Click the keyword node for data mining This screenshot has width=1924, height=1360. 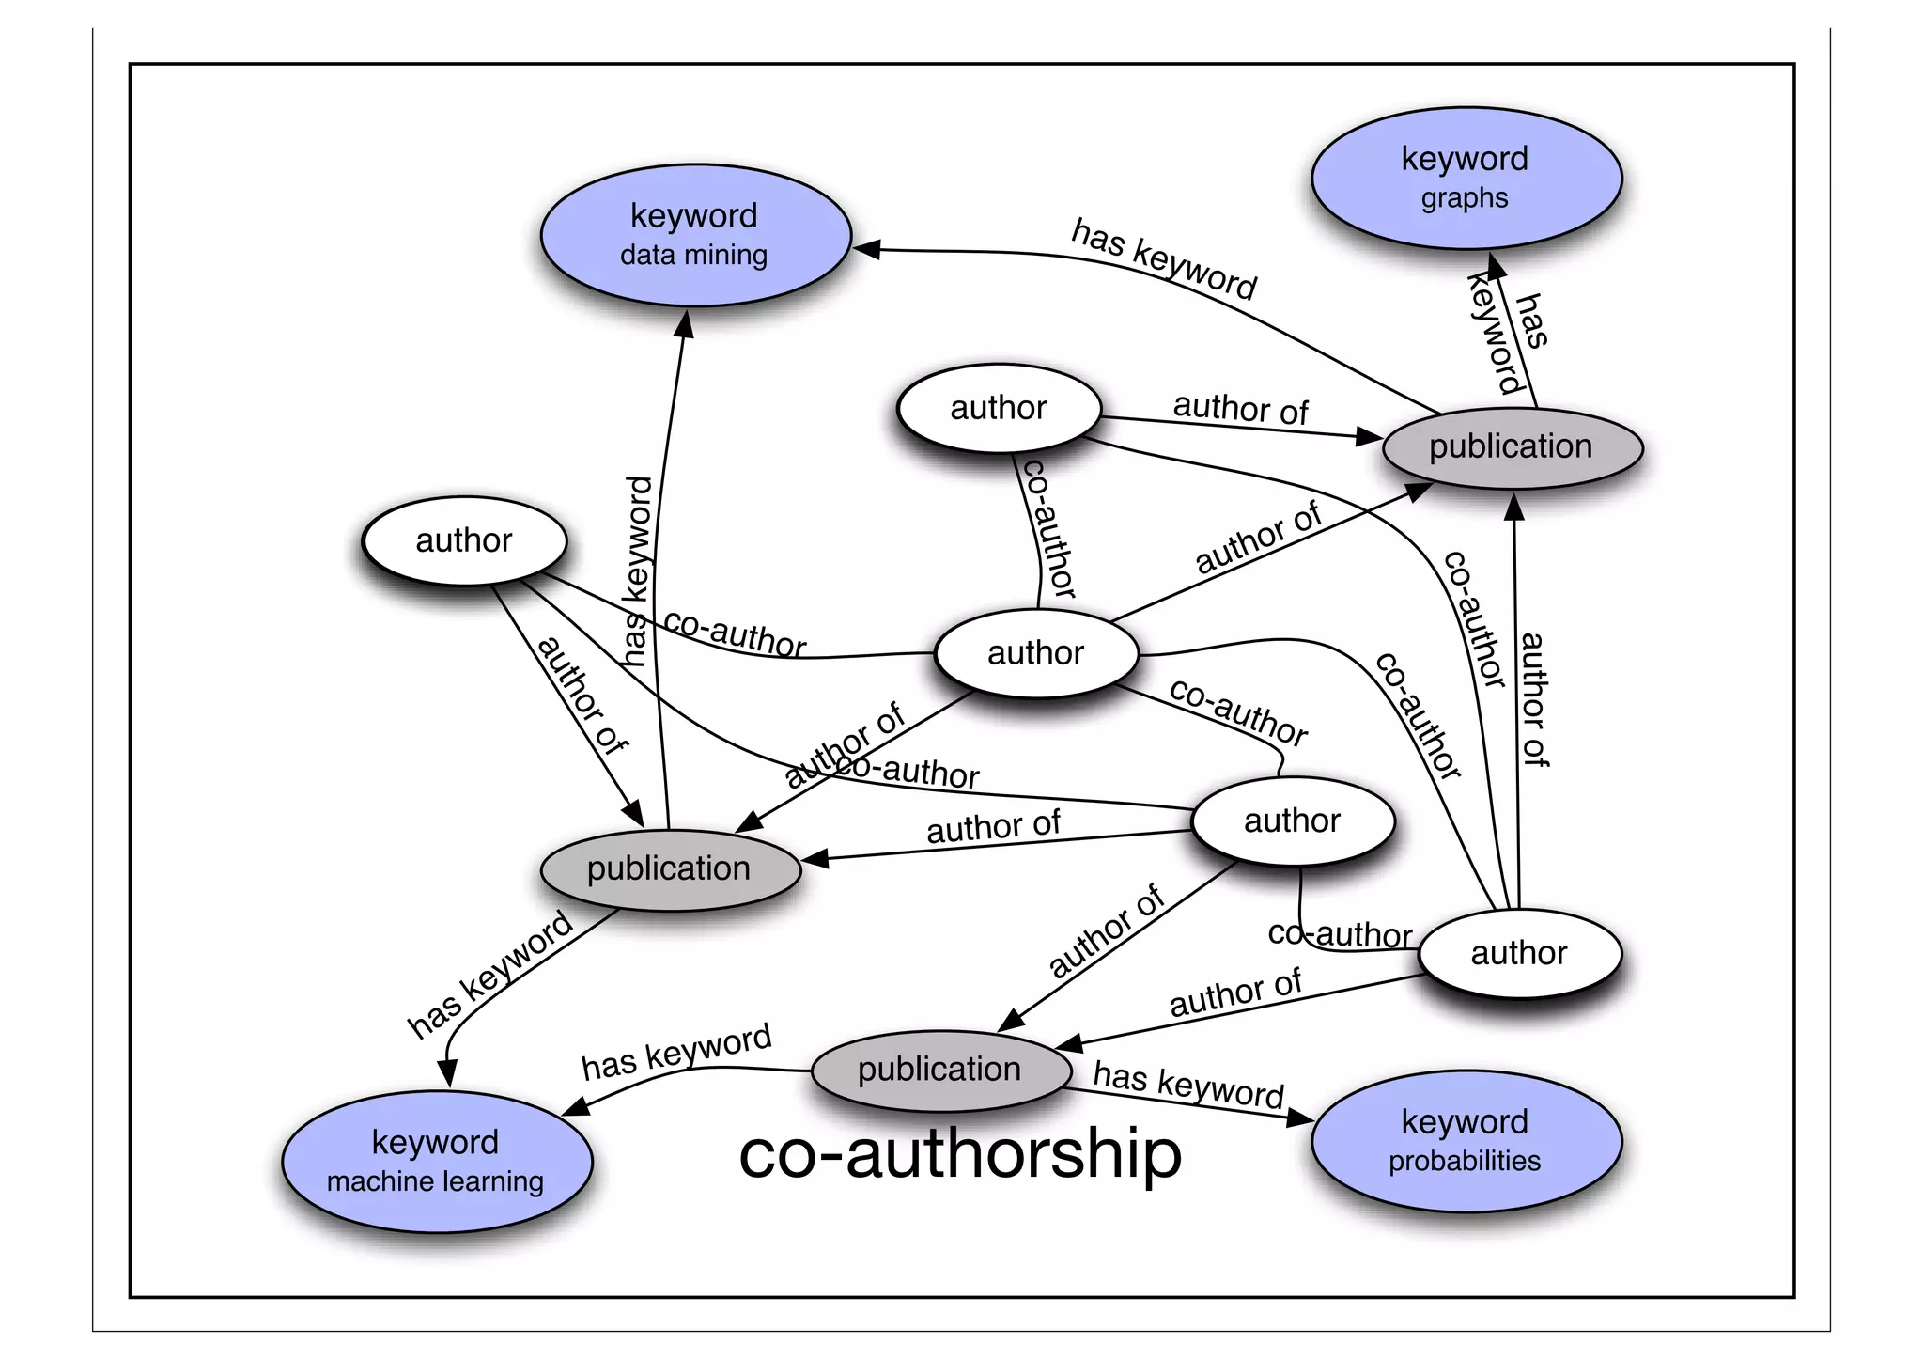pyautogui.click(x=695, y=235)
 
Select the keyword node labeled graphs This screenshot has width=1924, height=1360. pyautogui.click(x=1466, y=178)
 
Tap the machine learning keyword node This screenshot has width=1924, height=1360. pyautogui.click(x=436, y=1162)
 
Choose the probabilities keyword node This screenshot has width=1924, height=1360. pyautogui.click(x=1466, y=1141)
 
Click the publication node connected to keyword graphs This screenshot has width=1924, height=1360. pyautogui.click(x=1512, y=447)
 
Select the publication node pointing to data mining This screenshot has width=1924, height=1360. pyautogui.click(x=670, y=869)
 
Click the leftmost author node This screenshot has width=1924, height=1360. pyautogui.click(x=464, y=540)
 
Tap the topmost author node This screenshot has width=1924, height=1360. pyautogui.click(x=999, y=408)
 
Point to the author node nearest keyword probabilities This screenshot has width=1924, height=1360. pyautogui.click(x=1519, y=953)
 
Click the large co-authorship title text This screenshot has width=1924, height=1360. pyautogui.click(x=960, y=1154)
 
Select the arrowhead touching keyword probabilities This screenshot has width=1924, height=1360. pyautogui.click(x=1300, y=1118)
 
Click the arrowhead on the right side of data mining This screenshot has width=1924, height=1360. pyautogui.click(x=866, y=249)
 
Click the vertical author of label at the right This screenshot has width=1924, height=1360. pyautogui.click(x=1533, y=700)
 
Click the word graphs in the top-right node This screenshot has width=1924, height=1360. pyautogui.click(x=1465, y=198)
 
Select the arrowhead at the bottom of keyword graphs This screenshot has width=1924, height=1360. pyautogui.click(x=1496, y=266)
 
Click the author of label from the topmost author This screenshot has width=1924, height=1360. pyautogui.click(x=1240, y=409)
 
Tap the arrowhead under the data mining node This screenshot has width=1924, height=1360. pyautogui.click(x=685, y=324)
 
